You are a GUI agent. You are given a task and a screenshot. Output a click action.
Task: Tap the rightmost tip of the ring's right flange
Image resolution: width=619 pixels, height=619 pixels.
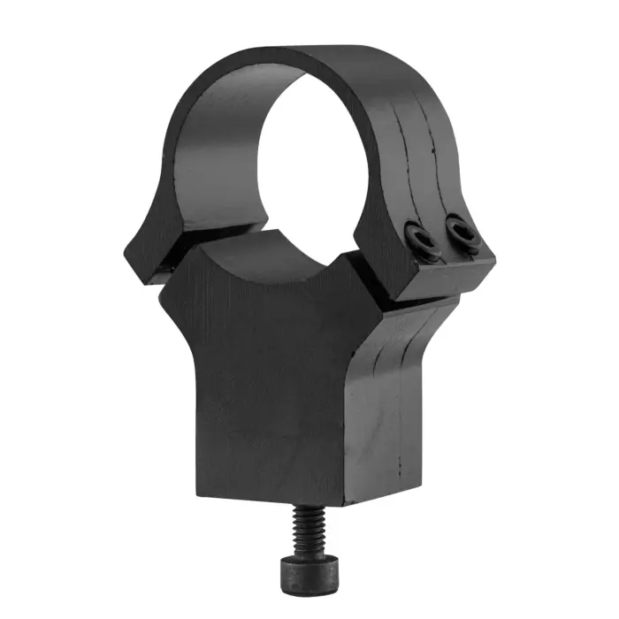coord(494,256)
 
